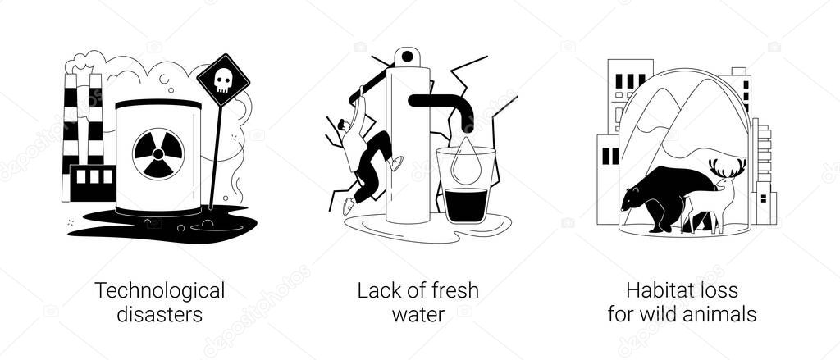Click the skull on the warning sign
tap(223, 80)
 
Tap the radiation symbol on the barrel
tap(158, 153)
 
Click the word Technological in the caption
tap(160, 292)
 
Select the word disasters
tap(160, 314)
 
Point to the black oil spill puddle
tap(161, 224)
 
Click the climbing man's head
tap(345, 126)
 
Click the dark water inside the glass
tap(466, 205)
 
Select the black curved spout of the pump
tap(445, 109)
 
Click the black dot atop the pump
tap(407, 57)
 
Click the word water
tap(418, 314)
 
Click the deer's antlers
tap(727, 167)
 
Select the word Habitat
tap(657, 291)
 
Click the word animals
tap(720, 314)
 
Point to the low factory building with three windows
tap(92, 183)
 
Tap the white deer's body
tap(703, 203)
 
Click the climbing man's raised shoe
tap(397, 163)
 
